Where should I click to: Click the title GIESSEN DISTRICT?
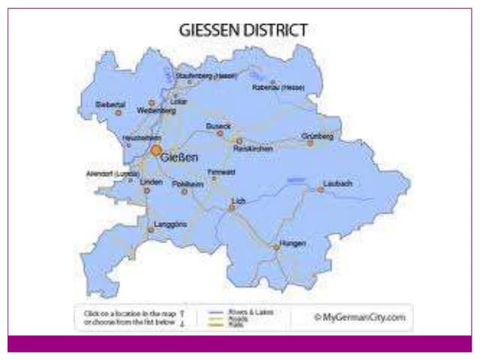pos(243,31)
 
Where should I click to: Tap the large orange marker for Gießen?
pos(156,151)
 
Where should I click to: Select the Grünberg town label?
pos(316,136)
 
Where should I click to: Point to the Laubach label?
pos(337,183)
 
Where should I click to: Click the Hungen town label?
pos(293,243)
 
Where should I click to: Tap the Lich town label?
pos(238,201)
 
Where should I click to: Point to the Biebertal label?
pos(111,104)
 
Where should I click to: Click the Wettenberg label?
pos(156,110)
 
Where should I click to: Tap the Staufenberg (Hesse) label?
pos(206,76)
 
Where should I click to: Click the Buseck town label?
pos(218,127)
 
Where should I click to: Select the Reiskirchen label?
pos(253,148)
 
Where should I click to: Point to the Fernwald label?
pos(221,172)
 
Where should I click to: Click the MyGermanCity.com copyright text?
pos(359,317)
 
